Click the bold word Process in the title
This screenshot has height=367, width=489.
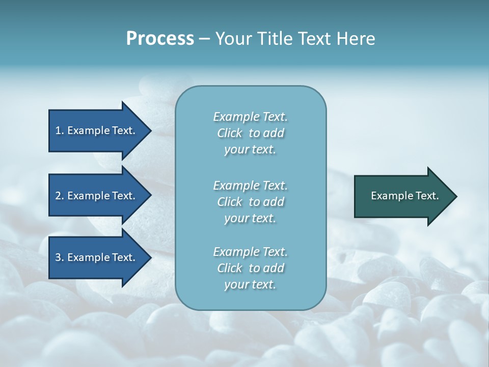pos(160,39)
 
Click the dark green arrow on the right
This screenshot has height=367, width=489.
pos(402,196)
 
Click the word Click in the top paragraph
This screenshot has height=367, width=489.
pos(230,133)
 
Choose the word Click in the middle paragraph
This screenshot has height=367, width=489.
pos(230,202)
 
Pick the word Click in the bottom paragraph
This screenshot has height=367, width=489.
pos(230,268)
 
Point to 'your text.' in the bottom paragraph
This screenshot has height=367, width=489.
pos(250,285)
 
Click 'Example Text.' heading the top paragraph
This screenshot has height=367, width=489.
pos(250,117)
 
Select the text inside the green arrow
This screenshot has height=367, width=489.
pos(404,196)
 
